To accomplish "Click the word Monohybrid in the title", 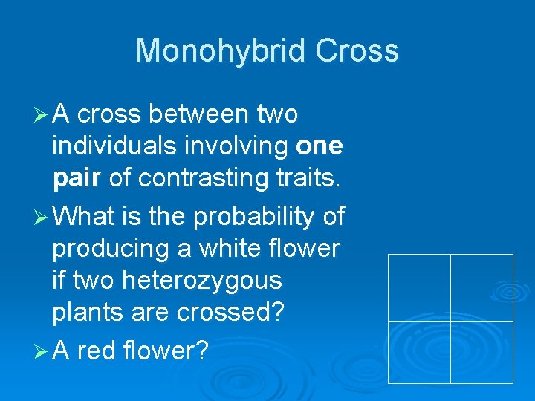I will point(221,51).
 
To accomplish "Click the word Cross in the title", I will point(357,51).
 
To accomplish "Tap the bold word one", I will point(319,146).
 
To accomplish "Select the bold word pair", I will point(77,178).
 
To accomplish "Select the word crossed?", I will point(230,313).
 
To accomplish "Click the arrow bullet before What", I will point(42,217).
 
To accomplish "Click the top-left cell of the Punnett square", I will point(419,287).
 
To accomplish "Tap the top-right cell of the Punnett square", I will point(481,287).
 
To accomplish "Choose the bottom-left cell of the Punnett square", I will point(419,352).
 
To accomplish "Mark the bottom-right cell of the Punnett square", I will point(481,352).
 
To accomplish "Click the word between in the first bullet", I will point(199,114).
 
